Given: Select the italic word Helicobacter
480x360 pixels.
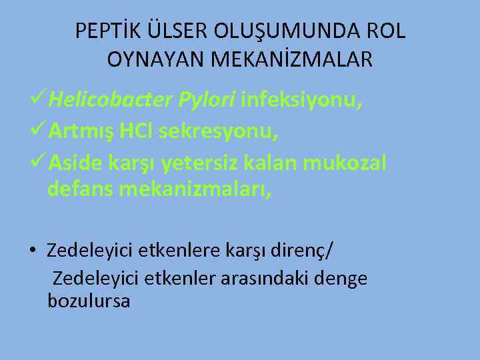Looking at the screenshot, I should click(110, 100).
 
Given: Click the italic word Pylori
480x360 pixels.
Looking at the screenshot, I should click(206, 100).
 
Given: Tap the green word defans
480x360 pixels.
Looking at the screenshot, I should click(79, 189).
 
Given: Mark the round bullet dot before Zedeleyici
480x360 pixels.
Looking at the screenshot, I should click(32, 251).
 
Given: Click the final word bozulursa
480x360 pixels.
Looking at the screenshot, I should click(89, 301).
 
